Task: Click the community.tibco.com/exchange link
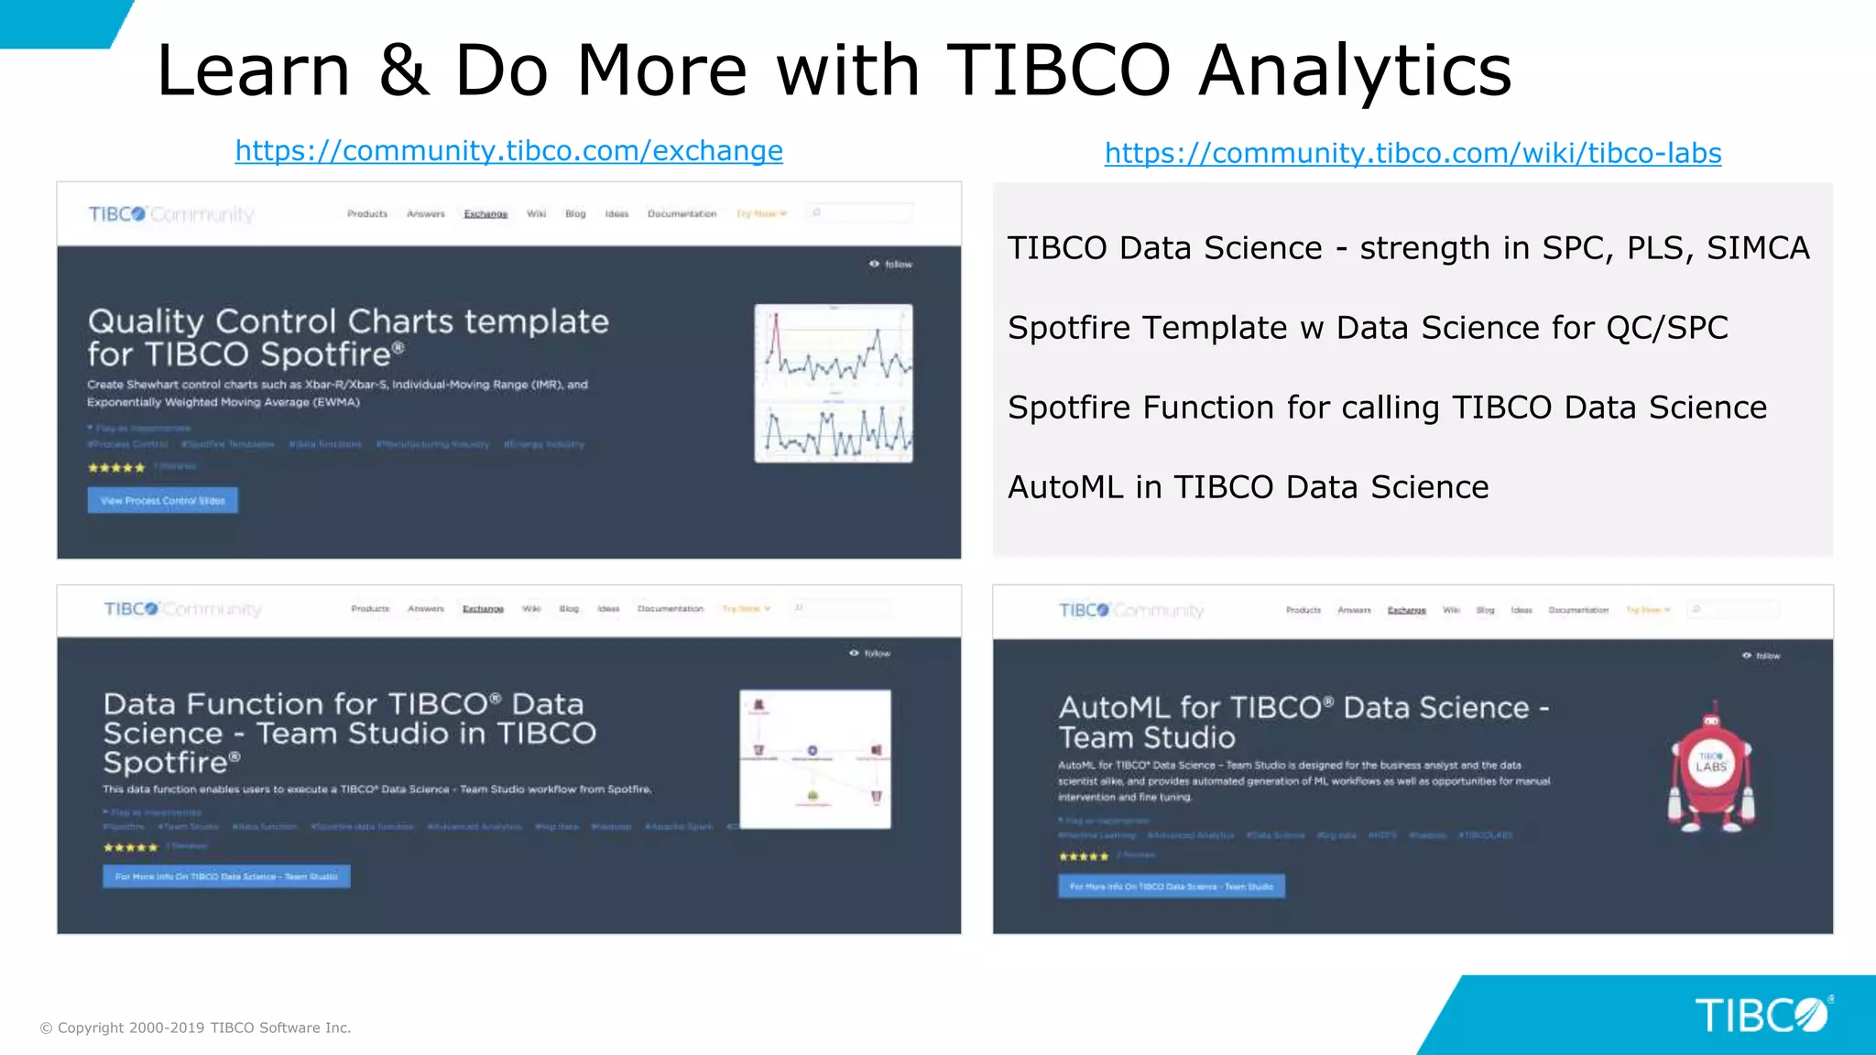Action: [508, 150]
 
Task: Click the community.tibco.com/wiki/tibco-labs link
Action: [1412, 153]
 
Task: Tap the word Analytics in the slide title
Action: [1355, 71]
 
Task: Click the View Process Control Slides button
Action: [163, 501]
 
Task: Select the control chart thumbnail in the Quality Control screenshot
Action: [833, 383]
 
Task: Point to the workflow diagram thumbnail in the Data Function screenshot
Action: [814, 759]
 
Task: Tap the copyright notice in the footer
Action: [195, 1028]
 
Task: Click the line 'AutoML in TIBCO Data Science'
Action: [1248, 487]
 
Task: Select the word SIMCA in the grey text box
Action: [1758, 248]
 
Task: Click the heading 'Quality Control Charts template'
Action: [348, 321]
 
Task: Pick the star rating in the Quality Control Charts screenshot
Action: [116, 468]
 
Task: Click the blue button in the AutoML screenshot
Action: [1171, 886]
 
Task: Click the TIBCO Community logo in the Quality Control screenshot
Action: [171, 214]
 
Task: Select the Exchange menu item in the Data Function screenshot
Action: [483, 609]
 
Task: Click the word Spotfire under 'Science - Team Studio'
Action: [166, 762]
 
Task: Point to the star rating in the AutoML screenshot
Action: [1083, 857]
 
